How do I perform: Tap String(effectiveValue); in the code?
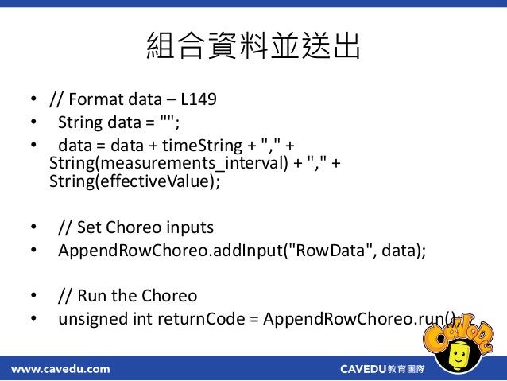(x=134, y=181)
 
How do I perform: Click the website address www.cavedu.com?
(x=60, y=369)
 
